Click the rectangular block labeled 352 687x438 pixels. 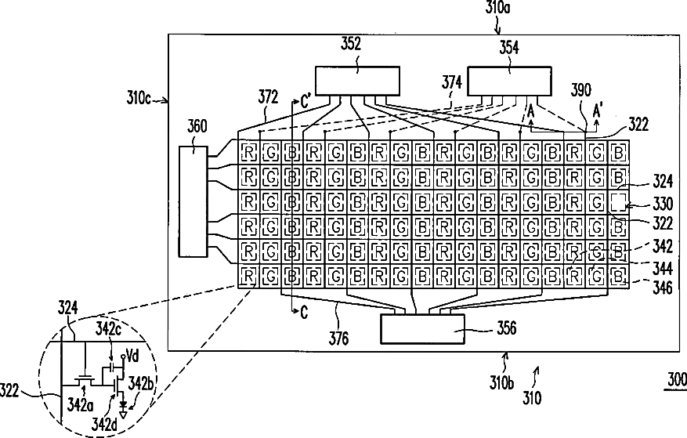(357, 81)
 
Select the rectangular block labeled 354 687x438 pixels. (509, 81)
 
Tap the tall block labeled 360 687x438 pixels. (193, 201)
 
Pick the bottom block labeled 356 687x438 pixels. (422, 329)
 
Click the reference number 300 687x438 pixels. (677, 378)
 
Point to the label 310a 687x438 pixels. (497, 8)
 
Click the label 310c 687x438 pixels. (139, 97)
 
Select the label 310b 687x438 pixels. (501, 382)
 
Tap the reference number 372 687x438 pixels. (268, 97)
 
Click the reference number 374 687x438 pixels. (452, 82)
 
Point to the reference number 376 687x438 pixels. (338, 338)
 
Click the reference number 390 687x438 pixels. (580, 90)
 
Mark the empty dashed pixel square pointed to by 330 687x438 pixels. (619, 202)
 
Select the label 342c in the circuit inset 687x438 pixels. (108, 329)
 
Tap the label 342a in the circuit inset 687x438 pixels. (80, 405)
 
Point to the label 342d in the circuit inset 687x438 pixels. (104, 425)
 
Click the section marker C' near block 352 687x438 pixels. (306, 102)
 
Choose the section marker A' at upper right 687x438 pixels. (597, 110)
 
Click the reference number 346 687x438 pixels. (663, 288)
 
